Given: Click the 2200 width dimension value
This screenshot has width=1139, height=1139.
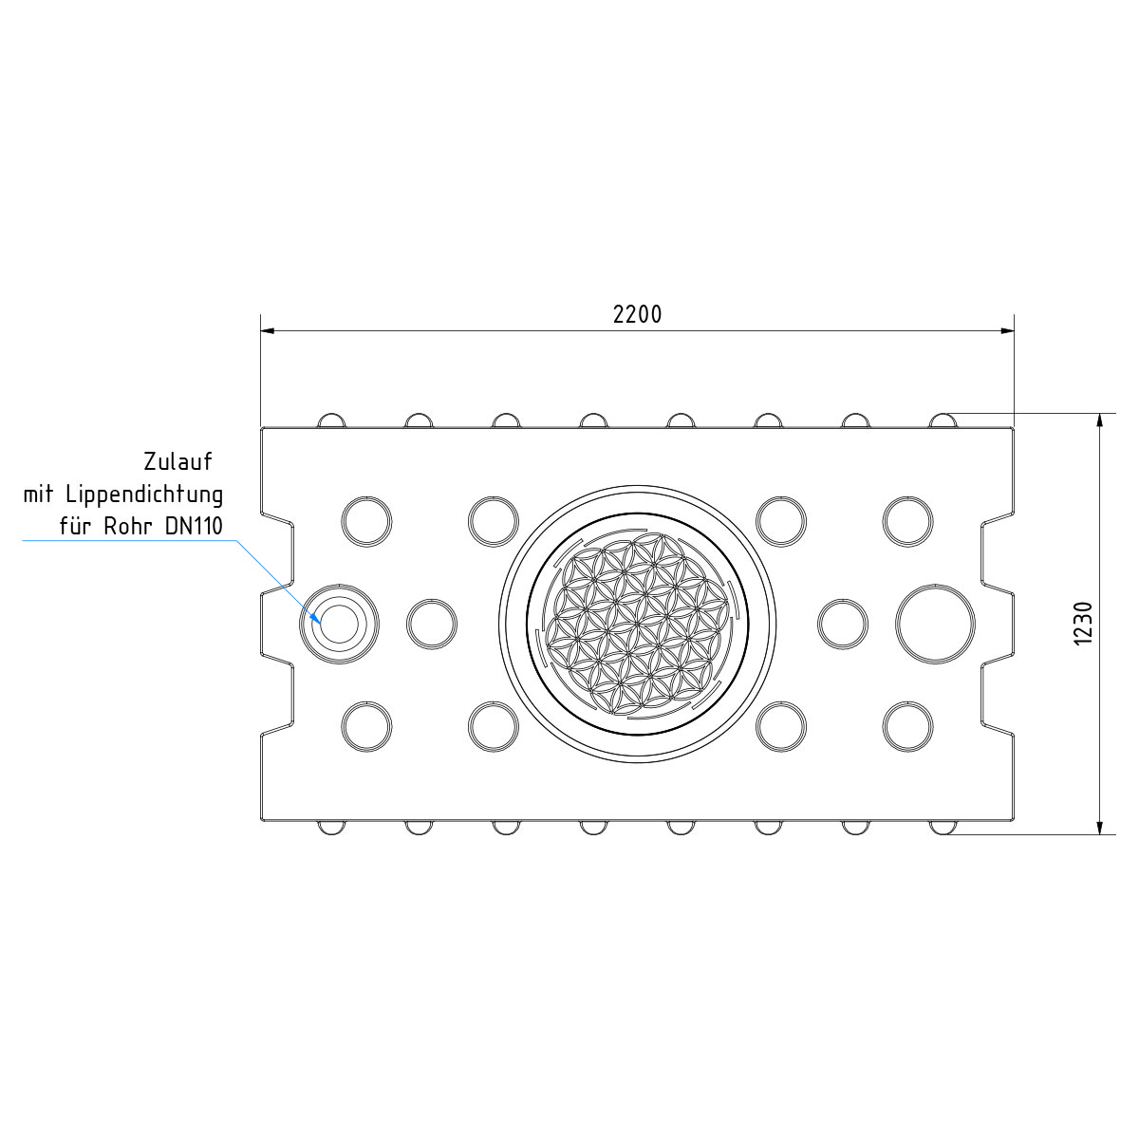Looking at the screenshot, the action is [637, 314].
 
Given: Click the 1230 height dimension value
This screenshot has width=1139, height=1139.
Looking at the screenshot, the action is [1084, 624].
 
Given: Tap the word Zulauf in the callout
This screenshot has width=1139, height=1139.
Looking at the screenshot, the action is [177, 461].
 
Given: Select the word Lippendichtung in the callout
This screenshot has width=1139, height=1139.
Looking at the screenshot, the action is [144, 495].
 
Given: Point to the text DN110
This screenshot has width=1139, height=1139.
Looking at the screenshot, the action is [194, 526].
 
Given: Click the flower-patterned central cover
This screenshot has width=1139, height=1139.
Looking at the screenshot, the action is [637, 624].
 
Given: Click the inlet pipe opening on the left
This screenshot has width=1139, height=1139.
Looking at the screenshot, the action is [339, 624].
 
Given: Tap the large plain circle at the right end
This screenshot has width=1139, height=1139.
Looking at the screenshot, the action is [935, 624].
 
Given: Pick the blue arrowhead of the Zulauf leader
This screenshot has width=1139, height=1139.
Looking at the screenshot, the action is [316, 618].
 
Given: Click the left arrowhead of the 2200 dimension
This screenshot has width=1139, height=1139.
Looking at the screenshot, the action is [267, 331].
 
